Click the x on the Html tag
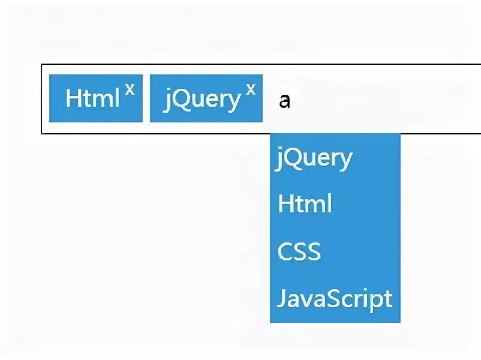130,89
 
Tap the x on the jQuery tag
251,89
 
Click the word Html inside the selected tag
92,98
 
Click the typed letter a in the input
285,100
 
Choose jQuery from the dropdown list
315,158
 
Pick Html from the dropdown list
305,205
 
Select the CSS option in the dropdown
299,251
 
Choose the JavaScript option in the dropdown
335,298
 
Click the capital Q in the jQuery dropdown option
294,158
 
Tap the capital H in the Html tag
73,98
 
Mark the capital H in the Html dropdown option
285,205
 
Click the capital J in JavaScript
281,298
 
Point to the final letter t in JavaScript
388,298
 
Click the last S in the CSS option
313,251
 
